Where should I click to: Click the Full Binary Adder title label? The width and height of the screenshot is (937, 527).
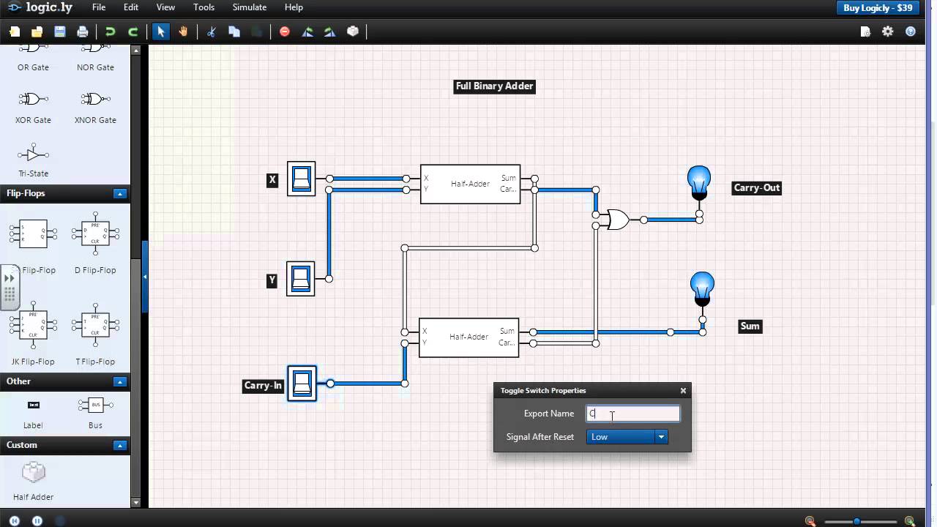(494, 86)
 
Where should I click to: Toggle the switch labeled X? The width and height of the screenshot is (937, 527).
(301, 179)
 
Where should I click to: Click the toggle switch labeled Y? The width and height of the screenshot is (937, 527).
(300, 279)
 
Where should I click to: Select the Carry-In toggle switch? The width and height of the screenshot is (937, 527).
(302, 384)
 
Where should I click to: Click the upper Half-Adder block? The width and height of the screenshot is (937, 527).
(470, 184)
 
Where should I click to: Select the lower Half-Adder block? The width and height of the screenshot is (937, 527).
(468, 337)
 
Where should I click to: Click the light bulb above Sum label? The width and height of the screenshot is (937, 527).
(702, 288)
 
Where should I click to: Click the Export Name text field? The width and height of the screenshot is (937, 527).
(632, 414)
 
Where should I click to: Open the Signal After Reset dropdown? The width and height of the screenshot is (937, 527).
(627, 437)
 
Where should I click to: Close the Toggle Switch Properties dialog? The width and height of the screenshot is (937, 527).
(683, 391)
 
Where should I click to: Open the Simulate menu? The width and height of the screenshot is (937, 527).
(249, 7)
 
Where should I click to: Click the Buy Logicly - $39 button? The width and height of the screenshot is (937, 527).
(878, 8)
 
